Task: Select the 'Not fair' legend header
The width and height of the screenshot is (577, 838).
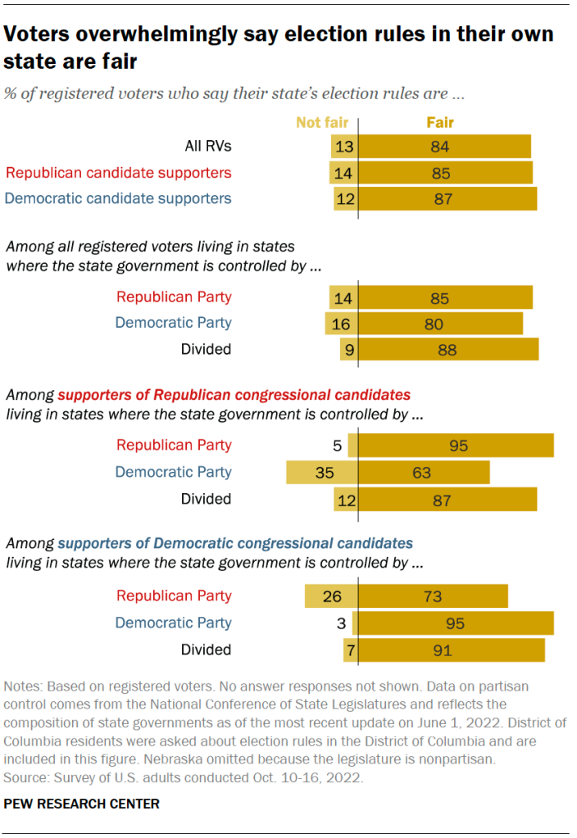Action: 322,123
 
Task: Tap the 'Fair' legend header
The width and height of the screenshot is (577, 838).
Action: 439,123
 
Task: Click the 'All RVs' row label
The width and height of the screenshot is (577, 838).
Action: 207,147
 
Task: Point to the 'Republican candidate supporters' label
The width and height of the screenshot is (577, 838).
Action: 119,173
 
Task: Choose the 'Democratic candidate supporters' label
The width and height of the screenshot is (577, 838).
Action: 119,198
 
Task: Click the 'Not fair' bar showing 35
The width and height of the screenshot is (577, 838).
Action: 322,473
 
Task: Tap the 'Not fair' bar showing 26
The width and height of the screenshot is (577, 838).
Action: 331,596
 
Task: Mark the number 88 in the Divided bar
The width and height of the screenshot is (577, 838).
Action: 447,350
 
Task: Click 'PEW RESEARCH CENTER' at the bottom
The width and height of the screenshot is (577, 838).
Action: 82,804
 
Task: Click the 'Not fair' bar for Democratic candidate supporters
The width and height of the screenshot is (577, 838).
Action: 346,198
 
